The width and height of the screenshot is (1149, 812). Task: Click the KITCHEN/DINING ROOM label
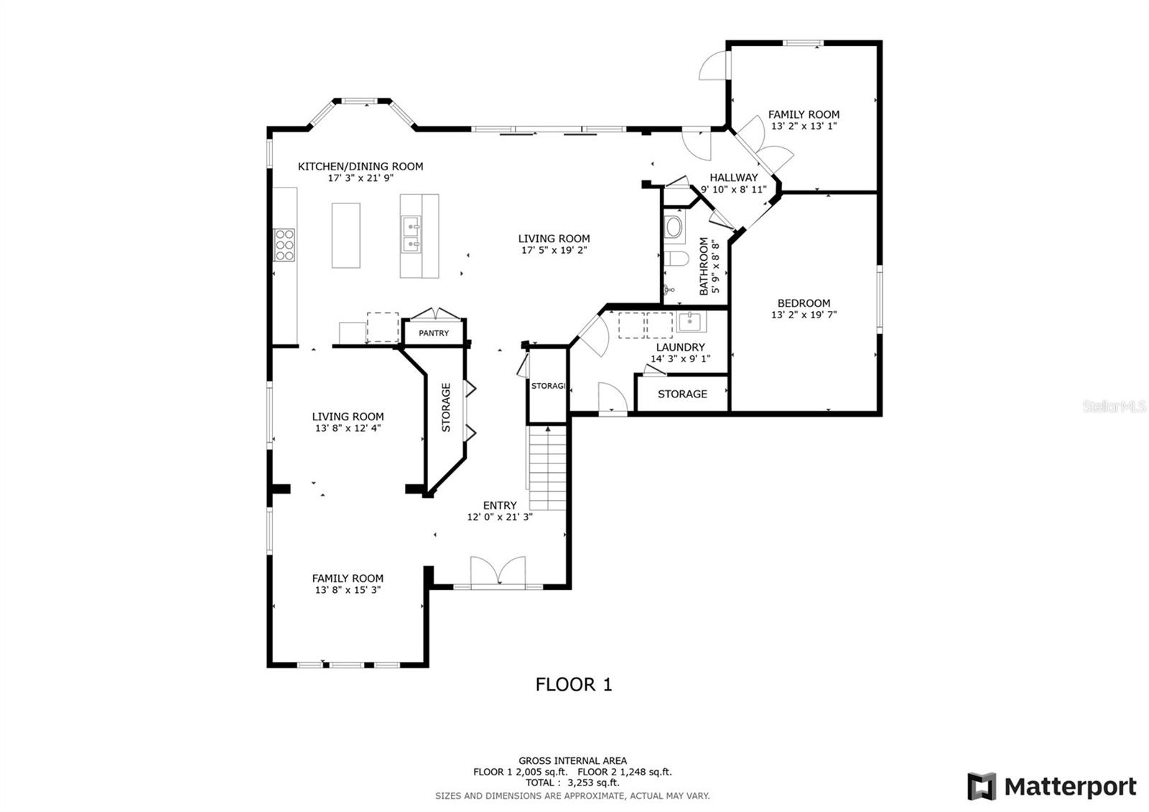pyautogui.click(x=360, y=167)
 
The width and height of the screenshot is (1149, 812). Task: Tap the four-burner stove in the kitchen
pyautogui.click(x=284, y=244)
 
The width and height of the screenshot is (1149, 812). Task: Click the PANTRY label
pyautogui.click(x=434, y=333)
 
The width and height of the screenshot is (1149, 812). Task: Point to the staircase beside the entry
pyautogui.click(x=549, y=467)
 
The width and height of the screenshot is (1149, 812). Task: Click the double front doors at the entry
pyautogui.click(x=498, y=573)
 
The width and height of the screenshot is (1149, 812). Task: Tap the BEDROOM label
pyautogui.click(x=804, y=303)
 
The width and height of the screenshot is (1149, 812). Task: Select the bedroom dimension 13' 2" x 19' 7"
pyautogui.click(x=804, y=315)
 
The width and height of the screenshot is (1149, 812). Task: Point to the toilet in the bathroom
pyautogui.click(x=676, y=259)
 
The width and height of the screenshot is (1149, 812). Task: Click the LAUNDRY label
pyautogui.click(x=680, y=347)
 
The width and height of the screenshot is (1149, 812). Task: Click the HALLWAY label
pyautogui.click(x=733, y=177)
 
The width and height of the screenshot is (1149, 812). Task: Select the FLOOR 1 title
pyautogui.click(x=574, y=684)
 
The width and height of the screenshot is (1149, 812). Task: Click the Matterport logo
pyautogui.click(x=1052, y=786)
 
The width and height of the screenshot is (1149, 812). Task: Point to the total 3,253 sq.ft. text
pyautogui.click(x=572, y=783)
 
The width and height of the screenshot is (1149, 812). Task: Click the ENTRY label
pyautogui.click(x=500, y=505)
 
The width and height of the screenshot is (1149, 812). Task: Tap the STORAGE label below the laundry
pyautogui.click(x=682, y=394)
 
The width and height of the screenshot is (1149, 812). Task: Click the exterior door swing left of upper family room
pyautogui.click(x=712, y=66)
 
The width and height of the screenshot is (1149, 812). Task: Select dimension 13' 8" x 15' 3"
pyautogui.click(x=348, y=590)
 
